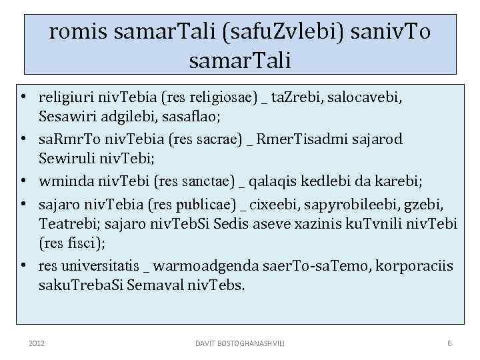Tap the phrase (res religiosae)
point(208,99)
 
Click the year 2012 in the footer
point(37,343)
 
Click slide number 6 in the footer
point(449,343)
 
